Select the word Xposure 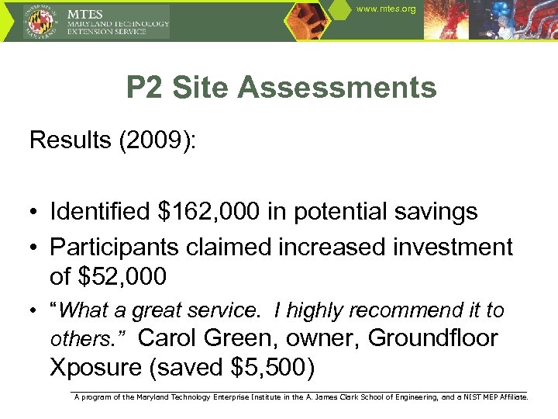(97, 367)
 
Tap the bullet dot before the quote (35, 312)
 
